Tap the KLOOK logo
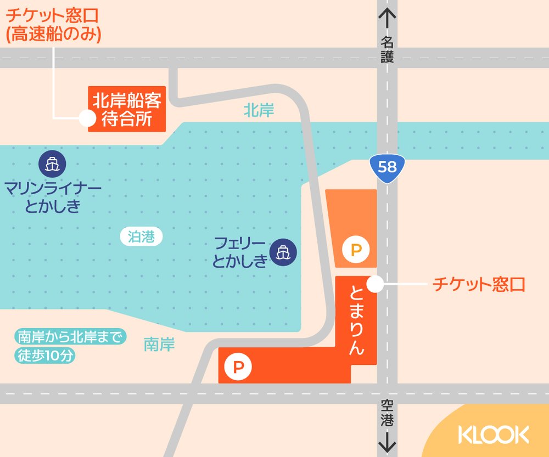494,435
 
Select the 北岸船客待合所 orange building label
127,109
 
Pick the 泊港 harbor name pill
141,237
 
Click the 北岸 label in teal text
259,111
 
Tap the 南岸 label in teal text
159,345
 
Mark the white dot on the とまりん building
375,284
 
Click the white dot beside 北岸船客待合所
86,117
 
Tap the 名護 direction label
388,49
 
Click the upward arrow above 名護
388,19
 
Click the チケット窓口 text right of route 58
479,284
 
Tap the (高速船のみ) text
54,35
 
